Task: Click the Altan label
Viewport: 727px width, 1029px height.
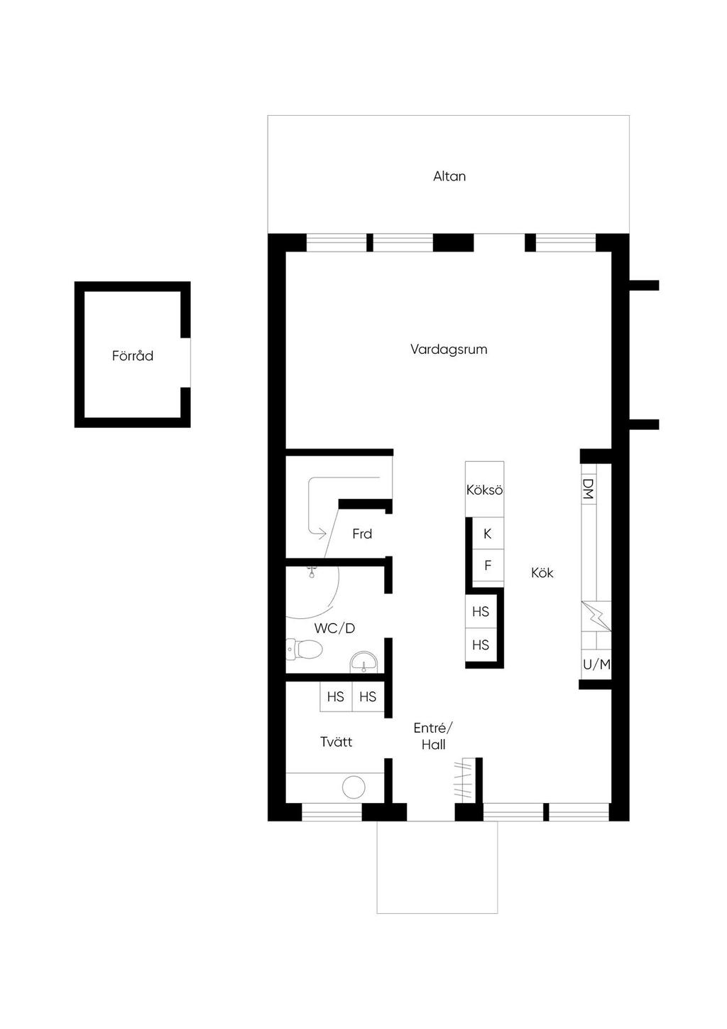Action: pos(449,176)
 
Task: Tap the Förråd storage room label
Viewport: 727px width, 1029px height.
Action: pos(133,355)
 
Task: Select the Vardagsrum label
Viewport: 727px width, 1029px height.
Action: pos(449,350)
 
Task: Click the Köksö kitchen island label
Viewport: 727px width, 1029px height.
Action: pos(485,490)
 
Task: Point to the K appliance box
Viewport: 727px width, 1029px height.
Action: pos(488,534)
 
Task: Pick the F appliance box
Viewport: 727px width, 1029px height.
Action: pos(488,565)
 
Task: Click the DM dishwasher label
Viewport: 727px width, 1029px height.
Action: pos(588,489)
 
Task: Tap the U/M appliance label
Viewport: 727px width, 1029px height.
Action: pos(596,664)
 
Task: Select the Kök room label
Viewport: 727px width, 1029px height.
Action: pos(542,573)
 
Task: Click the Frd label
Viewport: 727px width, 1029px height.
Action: pos(362,534)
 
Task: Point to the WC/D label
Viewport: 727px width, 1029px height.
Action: pos(334,628)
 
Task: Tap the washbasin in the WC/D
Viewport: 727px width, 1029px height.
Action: pos(364,662)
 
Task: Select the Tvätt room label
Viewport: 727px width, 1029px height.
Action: pos(337,742)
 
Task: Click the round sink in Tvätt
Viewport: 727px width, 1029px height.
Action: pos(354,787)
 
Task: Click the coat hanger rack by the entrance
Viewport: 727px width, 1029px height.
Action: pos(464,780)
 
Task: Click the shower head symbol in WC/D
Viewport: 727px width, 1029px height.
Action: pos(312,571)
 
